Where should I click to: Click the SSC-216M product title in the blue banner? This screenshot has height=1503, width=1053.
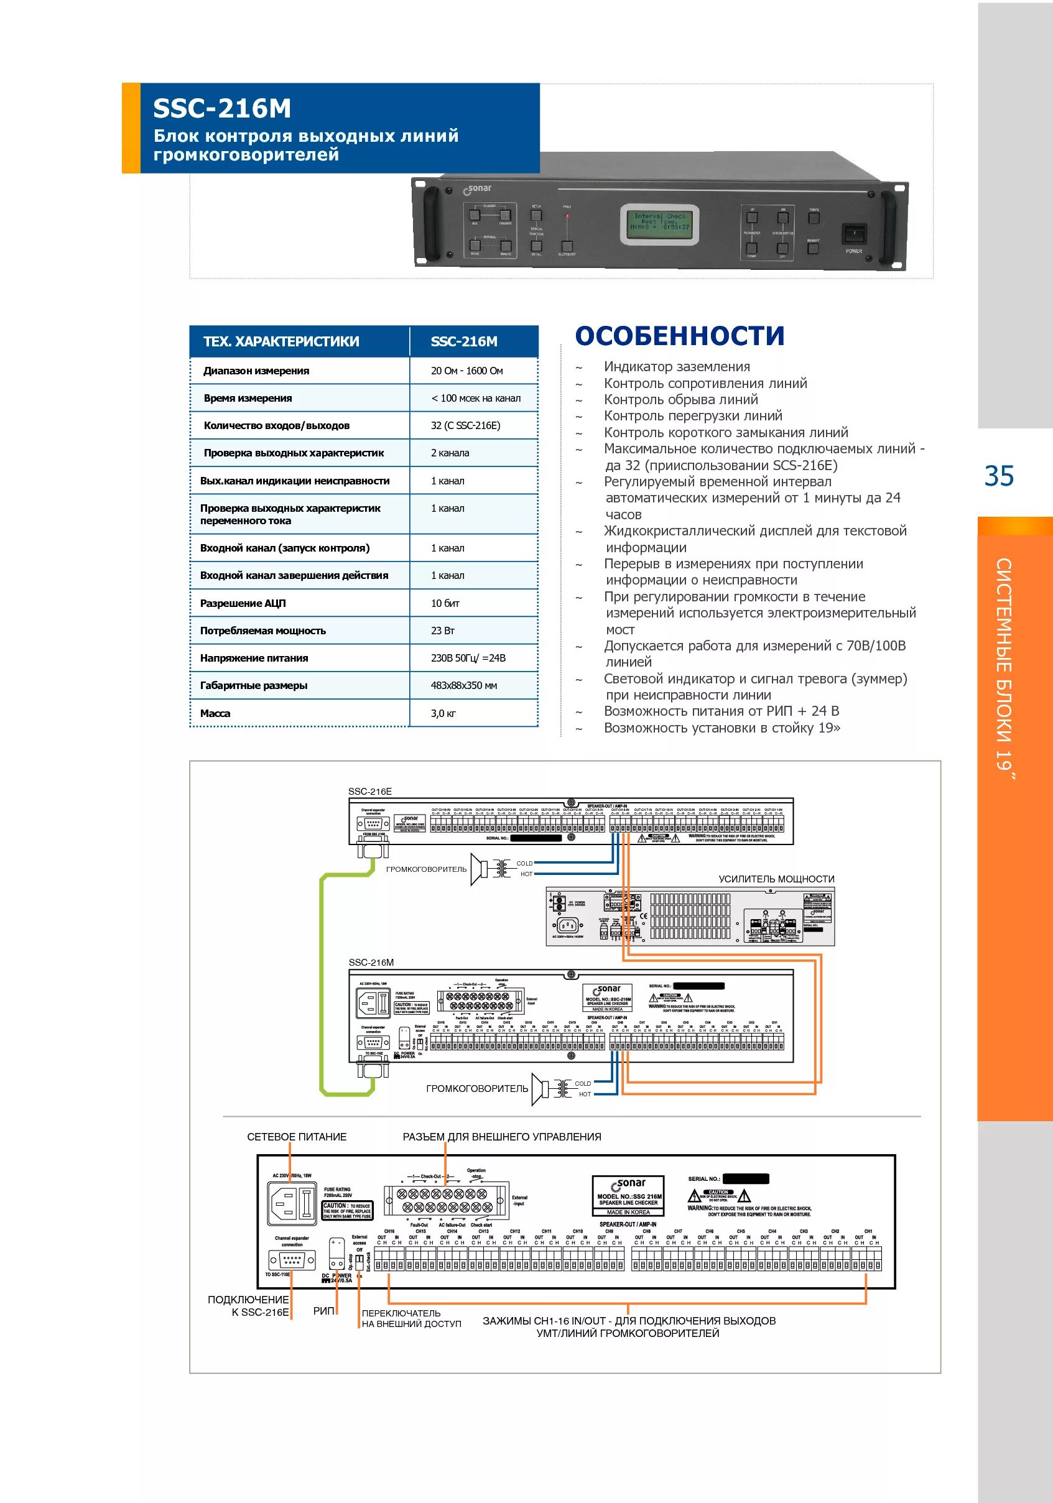click(222, 108)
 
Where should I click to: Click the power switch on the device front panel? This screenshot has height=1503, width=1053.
click(853, 234)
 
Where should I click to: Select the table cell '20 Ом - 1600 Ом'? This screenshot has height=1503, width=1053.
click(466, 371)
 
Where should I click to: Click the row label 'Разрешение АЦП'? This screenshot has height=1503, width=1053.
click(243, 603)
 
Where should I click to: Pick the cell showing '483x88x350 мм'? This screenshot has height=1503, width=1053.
click(463, 685)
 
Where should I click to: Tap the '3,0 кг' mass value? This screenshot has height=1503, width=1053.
click(443, 713)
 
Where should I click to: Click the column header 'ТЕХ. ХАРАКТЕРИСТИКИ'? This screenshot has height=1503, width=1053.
click(281, 341)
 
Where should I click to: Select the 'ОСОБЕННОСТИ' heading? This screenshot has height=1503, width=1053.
click(679, 336)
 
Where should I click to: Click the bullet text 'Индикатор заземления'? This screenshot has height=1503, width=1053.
click(677, 367)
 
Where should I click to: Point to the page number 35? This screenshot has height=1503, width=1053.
click(999, 476)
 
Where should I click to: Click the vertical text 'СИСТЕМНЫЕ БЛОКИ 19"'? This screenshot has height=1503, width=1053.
click(1004, 668)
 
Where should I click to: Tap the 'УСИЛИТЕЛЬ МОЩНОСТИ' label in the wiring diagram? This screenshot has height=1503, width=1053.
click(776, 879)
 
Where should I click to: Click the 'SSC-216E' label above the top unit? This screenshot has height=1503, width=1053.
click(370, 791)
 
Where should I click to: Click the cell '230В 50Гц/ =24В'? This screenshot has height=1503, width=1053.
click(468, 658)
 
